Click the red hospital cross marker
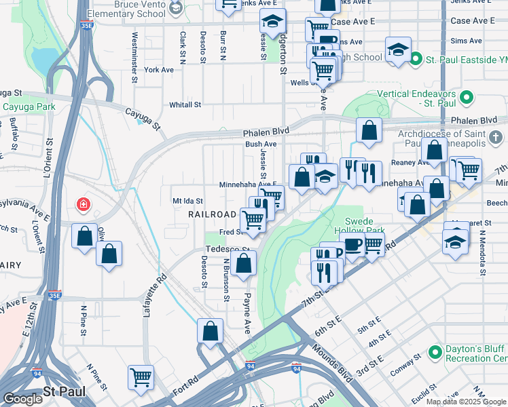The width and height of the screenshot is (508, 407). pyautogui.click(x=83, y=204)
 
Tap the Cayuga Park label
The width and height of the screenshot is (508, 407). pyautogui.click(x=28, y=107)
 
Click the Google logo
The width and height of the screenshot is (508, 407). pyautogui.click(x=22, y=399)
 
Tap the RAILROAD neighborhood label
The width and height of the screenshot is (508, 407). pyautogui.click(x=212, y=214)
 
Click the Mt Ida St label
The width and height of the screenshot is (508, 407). pyautogui.click(x=188, y=201)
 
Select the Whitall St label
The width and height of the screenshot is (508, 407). pyautogui.click(x=185, y=105)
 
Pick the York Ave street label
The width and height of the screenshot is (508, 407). pyautogui.click(x=159, y=70)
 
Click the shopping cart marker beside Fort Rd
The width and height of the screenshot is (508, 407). pyautogui.click(x=141, y=376)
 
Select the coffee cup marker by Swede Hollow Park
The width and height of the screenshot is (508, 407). pyautogui.click(x=352, y=246)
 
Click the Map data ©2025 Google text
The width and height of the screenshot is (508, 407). pyautogui.click(x=466, y=402)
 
